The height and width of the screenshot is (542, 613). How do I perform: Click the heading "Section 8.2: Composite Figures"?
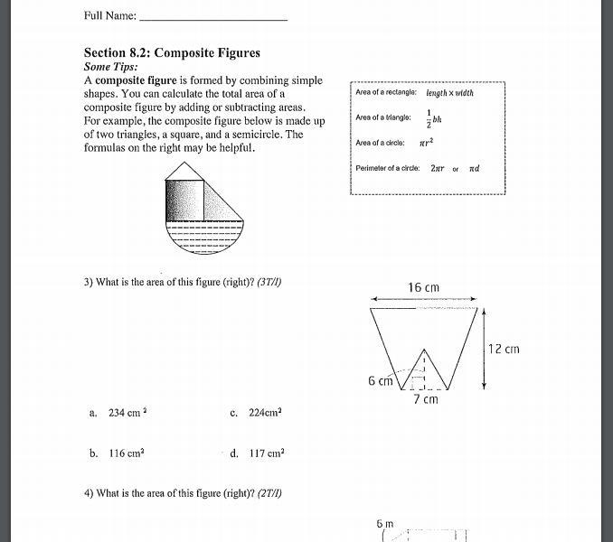172,53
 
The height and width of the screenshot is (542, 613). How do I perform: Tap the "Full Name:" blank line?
214,16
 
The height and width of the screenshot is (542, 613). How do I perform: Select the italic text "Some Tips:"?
110,67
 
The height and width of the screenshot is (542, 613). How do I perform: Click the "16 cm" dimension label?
423,288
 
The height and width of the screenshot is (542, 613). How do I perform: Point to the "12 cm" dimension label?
504,349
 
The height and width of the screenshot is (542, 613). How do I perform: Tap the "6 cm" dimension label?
380,381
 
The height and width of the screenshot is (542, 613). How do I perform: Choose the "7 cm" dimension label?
425,399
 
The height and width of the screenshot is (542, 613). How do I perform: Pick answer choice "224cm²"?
265,413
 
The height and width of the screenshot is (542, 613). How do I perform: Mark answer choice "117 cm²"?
267,453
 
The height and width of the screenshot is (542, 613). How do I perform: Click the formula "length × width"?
449,93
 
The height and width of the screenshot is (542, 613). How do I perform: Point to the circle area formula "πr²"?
428,143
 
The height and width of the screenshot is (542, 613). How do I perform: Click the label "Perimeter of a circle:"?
388,168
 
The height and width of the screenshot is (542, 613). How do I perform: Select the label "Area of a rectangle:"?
386,93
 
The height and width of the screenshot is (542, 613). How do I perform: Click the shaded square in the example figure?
184,200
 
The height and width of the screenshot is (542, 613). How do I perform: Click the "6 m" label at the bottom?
385,523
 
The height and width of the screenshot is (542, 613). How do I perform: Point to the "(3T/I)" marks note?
269,282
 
